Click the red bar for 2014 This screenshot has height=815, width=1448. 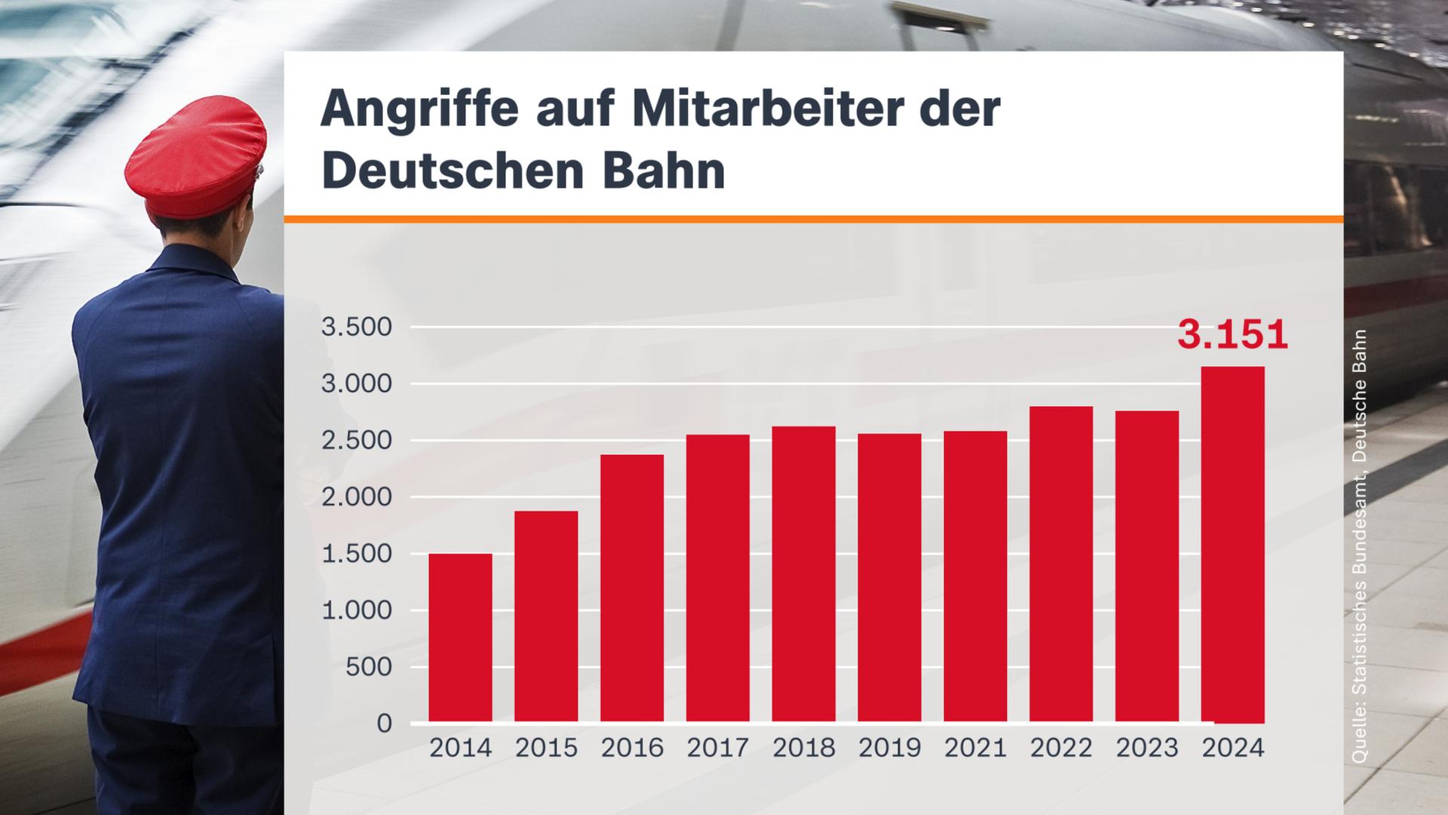coord(460,638)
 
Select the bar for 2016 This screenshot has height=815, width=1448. coord(632,589)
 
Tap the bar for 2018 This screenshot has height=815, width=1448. coord(803,574)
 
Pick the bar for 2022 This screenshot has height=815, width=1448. coord(1060,564)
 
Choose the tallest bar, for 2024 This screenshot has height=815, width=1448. coord(1232,543)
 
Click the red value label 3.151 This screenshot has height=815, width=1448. coord(1232,335)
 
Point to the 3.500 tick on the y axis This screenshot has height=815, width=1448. coord(357,328)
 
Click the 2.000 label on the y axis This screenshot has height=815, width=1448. coord(357,497)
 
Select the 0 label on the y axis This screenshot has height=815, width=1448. coord(384,724)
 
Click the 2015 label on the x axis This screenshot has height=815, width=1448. coord(546,749)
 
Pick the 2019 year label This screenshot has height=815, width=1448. coord(889,749)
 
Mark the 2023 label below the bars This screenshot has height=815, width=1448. coord(1146,749)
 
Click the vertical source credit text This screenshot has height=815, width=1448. coord(1358,547)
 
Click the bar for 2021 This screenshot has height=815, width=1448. coord(974,577)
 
